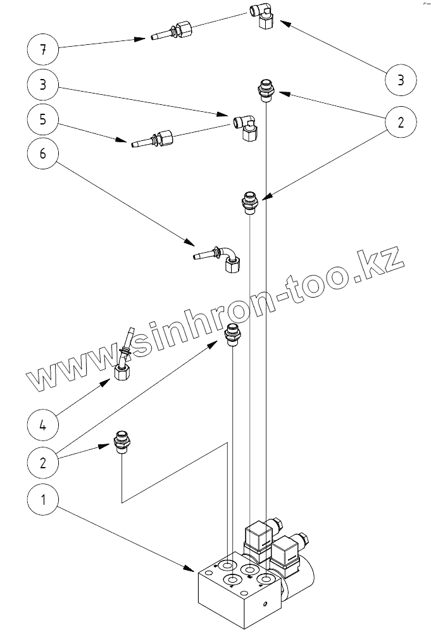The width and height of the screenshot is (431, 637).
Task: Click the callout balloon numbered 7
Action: (42, 50)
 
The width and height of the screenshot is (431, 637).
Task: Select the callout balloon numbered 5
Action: (42, 119)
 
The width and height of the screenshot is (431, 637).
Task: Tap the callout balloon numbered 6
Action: (42, 154)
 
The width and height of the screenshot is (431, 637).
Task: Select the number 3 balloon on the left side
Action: (42, 85)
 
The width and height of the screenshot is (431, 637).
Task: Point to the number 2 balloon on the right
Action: (401, 122)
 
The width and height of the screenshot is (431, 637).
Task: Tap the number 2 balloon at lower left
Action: (42, 462)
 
